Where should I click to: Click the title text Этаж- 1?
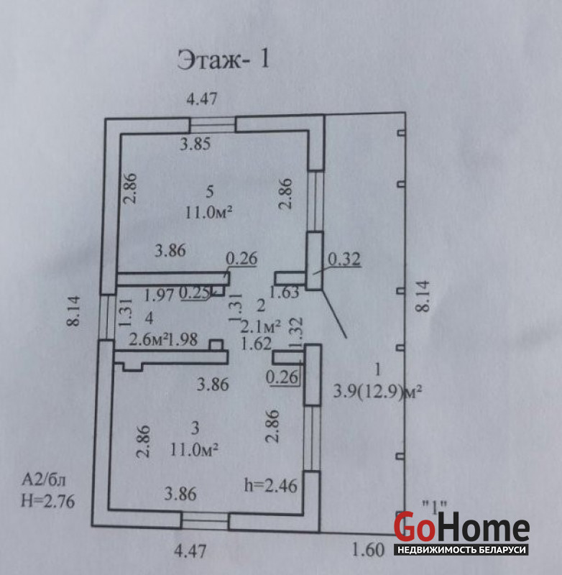point(224,60)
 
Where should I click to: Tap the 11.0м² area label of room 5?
point(208,212)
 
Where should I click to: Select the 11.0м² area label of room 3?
point(194,449)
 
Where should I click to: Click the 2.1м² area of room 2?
point(261,326)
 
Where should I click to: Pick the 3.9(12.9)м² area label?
point(377,392)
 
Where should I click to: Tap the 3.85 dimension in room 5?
point(195,144)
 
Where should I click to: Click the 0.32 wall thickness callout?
point(344,259)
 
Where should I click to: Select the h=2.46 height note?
point(270,486)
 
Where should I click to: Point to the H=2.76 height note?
point(47,501)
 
